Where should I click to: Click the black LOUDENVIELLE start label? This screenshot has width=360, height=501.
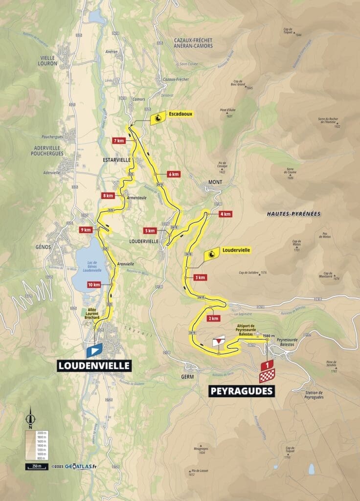(x=94, y=365)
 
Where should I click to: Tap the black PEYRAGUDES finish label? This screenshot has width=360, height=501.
(x=242, y=391)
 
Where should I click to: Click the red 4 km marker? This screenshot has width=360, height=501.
(x=225, y=214)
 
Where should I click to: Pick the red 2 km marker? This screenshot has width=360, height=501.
(x=213, y=318)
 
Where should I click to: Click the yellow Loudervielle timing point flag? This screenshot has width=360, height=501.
(x=211, y=254)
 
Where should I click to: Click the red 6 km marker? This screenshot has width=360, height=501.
(x=173, y=174)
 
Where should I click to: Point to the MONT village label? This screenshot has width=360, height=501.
(x=215, y=182)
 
